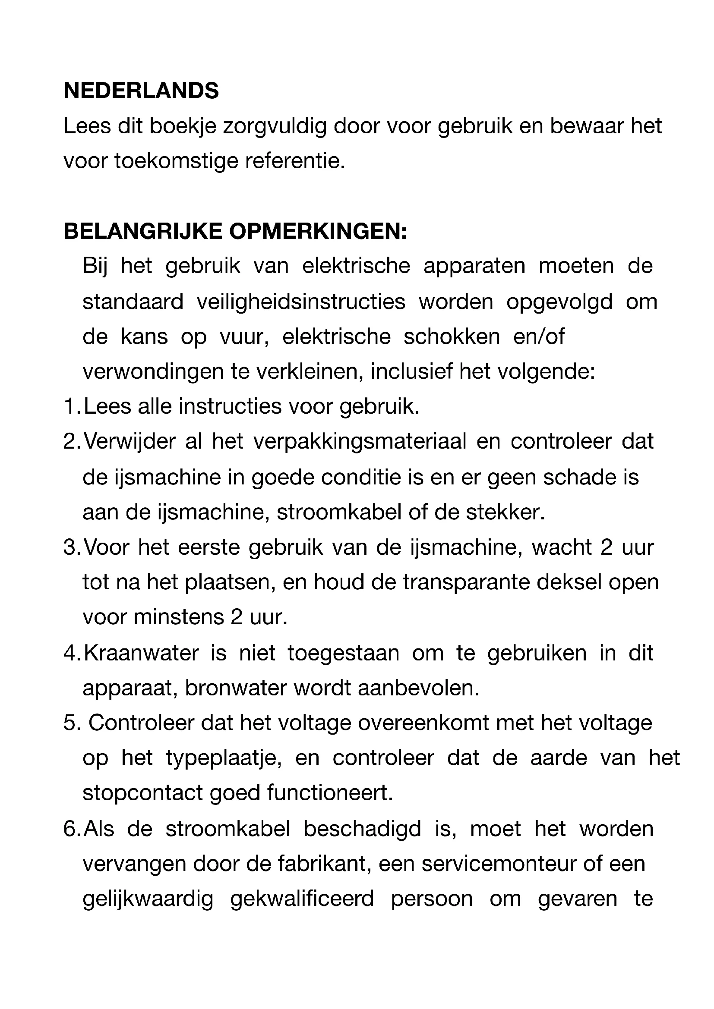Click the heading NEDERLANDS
point(141,91)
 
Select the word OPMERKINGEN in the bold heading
point(318,232)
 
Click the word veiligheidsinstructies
point(301,302)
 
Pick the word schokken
point(452,337)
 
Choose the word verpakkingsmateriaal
point(360,442)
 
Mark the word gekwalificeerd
point(302,899)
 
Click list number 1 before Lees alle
point(70,407)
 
